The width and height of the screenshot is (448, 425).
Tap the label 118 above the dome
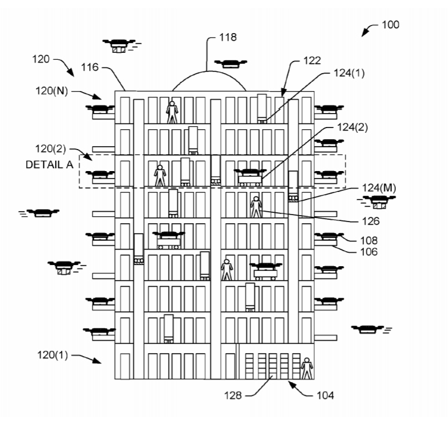pos(228,37)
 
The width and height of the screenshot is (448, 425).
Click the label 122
pos(312,60)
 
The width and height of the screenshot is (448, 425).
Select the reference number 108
pos(369,239)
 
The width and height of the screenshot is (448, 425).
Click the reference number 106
pos(369,252)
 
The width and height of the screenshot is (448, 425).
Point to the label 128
pos(234,396)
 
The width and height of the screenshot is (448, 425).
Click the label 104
pos(325,396)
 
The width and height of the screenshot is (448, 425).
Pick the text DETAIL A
pos(49,165)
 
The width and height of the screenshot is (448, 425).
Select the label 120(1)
pos(52,355)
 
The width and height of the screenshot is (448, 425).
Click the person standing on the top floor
pos(172,111)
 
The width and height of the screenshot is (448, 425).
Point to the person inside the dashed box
pos(160,175)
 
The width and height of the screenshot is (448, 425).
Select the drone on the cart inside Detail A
pos(250,173)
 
